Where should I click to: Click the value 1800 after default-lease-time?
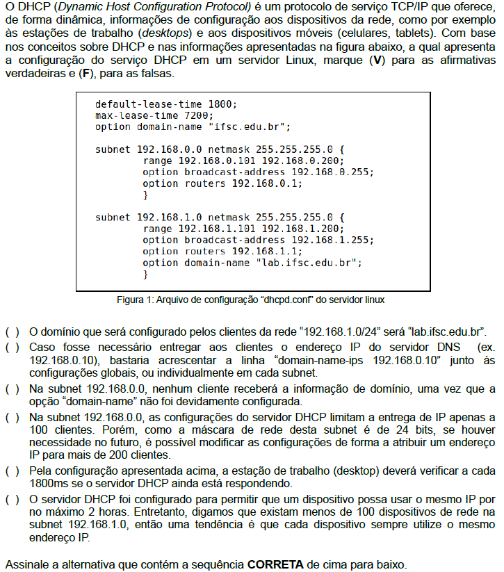(222, 104)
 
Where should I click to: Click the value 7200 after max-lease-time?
(199, 115)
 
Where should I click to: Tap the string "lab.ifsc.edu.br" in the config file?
(309, 263)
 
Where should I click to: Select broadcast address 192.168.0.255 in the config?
(332, 172)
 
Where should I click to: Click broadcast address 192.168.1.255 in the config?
(332, 240)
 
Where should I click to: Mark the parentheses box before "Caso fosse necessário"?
(13, 347)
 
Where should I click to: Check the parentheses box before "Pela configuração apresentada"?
(13, 471)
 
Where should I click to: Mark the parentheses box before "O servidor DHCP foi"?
(13, 500)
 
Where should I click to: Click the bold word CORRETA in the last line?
(275, 563)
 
